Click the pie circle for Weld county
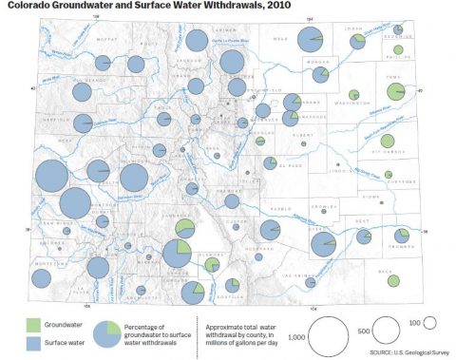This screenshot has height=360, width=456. coord(310,40)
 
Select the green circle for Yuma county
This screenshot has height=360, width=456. coord(396,91)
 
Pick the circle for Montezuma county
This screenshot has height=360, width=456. coord(42,277)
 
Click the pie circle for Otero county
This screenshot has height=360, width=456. coord(324,244)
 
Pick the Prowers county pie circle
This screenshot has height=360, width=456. coord(402,235)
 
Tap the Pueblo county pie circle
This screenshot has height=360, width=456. coord(271,229)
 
